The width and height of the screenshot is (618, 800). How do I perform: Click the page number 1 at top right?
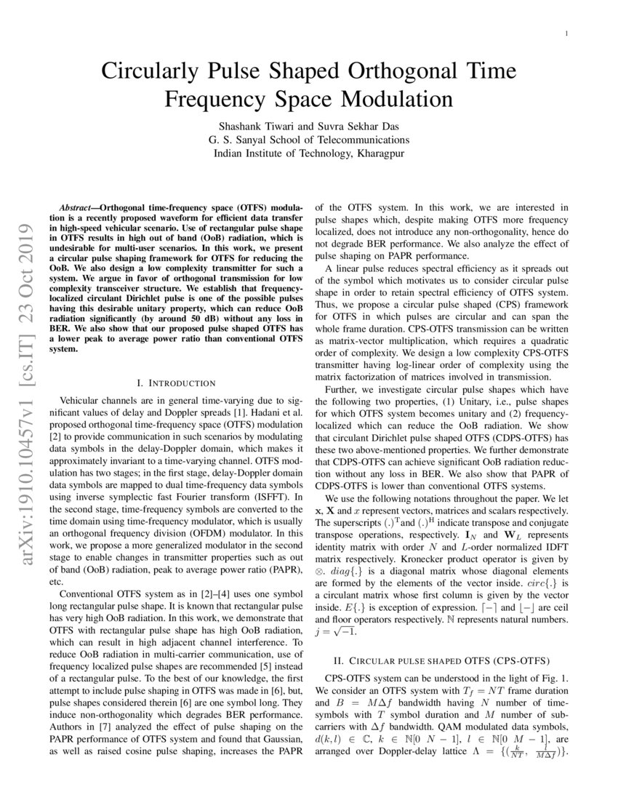click(x=566, y=34)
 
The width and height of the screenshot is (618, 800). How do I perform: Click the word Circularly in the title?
click(x=150, y=72)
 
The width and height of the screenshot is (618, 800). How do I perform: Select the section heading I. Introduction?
click(x=176, y=383)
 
